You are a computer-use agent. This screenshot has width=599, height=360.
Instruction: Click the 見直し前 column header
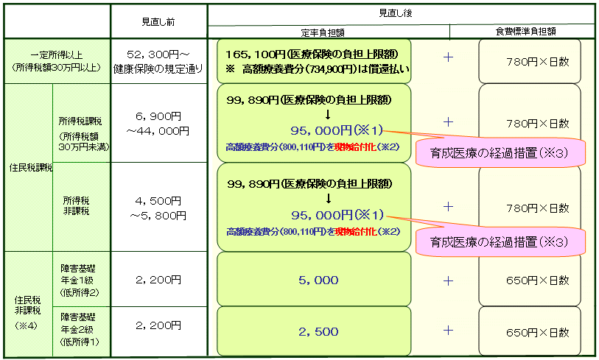tap(158, 22)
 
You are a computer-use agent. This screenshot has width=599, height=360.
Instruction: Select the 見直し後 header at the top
tap(396, 13)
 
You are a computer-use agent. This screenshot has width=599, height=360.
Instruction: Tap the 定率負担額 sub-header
tap(323, 33)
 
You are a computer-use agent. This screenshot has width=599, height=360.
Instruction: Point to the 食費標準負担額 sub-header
tap(525, 32)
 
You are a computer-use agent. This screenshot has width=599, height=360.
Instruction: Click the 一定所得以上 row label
tap(57, 61)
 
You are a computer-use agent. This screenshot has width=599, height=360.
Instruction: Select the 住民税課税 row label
tap(30, 168)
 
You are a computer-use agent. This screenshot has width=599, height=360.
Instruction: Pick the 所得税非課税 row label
tap(77, 206)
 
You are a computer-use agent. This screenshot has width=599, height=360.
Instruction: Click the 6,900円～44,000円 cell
tap(158, 124)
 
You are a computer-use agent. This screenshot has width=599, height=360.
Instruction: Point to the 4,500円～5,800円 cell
tap(158, 208)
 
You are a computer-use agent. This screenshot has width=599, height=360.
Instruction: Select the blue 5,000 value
tap(318, 280)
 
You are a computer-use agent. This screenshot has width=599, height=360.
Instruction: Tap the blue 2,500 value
tap(318, 332)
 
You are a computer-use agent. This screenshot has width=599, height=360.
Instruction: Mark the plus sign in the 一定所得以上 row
tap(448, 57)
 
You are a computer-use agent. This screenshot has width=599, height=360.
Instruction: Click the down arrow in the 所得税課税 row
tap(327, 115)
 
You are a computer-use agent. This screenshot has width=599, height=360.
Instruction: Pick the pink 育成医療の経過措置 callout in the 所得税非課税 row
tap(500, 241)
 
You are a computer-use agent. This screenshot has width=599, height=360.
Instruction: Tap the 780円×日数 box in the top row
tap(530, 61)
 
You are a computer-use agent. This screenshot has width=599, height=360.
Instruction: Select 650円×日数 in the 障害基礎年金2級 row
tap(538, 333)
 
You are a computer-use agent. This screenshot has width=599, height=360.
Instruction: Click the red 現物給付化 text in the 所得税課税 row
tap(356, 147)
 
